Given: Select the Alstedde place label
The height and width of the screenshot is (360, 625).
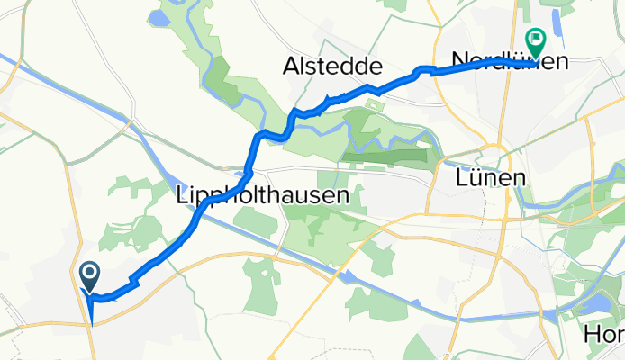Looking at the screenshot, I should (x=333, y=67).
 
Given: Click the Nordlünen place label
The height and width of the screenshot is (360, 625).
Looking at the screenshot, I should (x=510, y=61).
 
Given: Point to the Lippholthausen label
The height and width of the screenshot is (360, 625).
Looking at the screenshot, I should (x=259, y=195).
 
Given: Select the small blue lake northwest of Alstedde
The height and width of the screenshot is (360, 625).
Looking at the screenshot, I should (x=161, y=18).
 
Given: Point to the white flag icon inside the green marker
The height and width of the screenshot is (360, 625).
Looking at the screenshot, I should (x=537, y=38).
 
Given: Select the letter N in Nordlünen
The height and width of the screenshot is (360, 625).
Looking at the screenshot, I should (x=460, y=61).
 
